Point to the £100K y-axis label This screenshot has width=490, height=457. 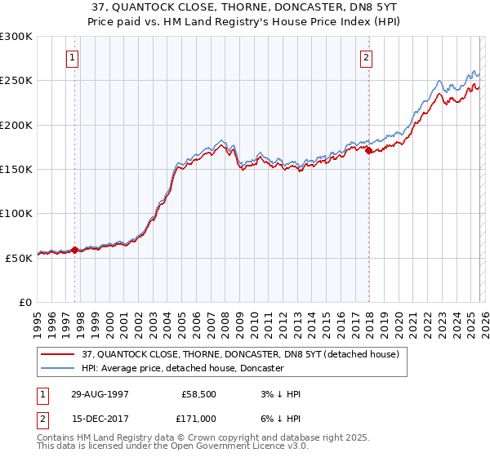pos(16,213)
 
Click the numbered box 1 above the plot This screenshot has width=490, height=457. pos(74,58)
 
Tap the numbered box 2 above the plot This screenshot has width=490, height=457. pos(367,58)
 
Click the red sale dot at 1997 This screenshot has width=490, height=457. pos(75,250)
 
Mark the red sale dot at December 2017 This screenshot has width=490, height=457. pos(368,150)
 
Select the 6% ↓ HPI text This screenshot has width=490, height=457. pos(279,417)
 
